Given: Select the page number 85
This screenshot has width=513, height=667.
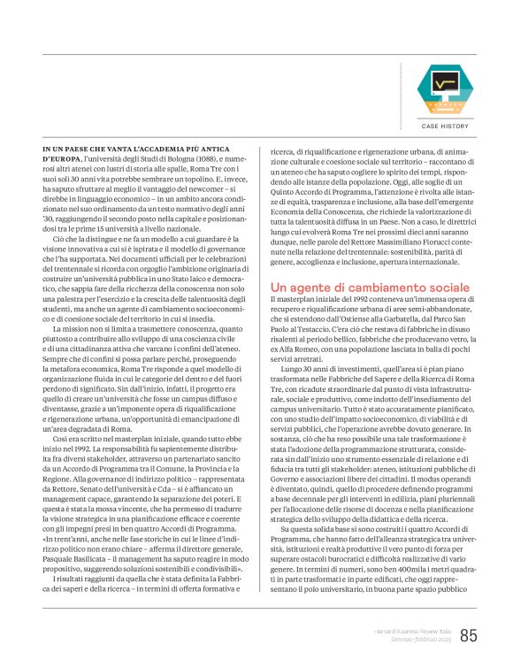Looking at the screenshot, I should pyautogui.click(x=469, y=634).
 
